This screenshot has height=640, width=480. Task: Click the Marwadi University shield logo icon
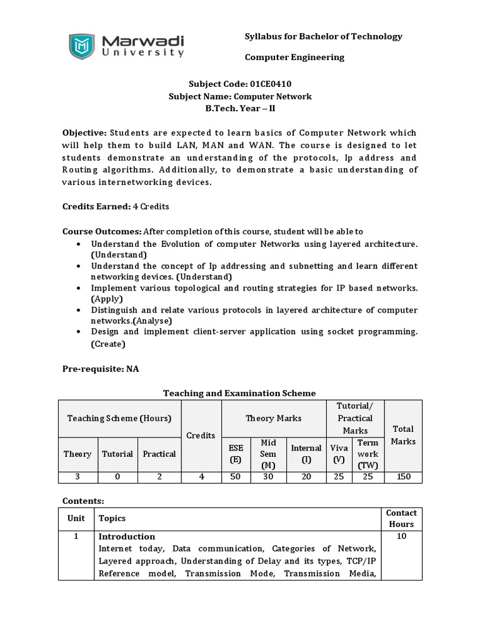coord(81,46)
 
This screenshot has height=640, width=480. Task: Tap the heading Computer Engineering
coord(294,57)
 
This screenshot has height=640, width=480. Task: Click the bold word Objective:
coord(84,133)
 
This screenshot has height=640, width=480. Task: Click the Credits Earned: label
coord(96,206)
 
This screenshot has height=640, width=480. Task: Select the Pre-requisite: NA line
coord(100,369)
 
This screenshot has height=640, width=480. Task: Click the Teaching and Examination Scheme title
coord(239,393)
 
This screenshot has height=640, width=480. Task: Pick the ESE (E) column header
coord(236,454)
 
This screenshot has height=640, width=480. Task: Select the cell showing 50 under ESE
coord(236,477)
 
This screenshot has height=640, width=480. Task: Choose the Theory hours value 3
coord(77,477)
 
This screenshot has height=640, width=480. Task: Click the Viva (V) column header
coord(339,454)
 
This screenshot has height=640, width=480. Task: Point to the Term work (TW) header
coord(368,454)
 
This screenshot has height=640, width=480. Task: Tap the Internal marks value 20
coord(306,477)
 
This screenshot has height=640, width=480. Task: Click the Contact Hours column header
coord(401,518)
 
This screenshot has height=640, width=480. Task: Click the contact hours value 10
coord(401,536)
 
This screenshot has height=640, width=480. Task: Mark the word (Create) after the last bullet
coord(107,344)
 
